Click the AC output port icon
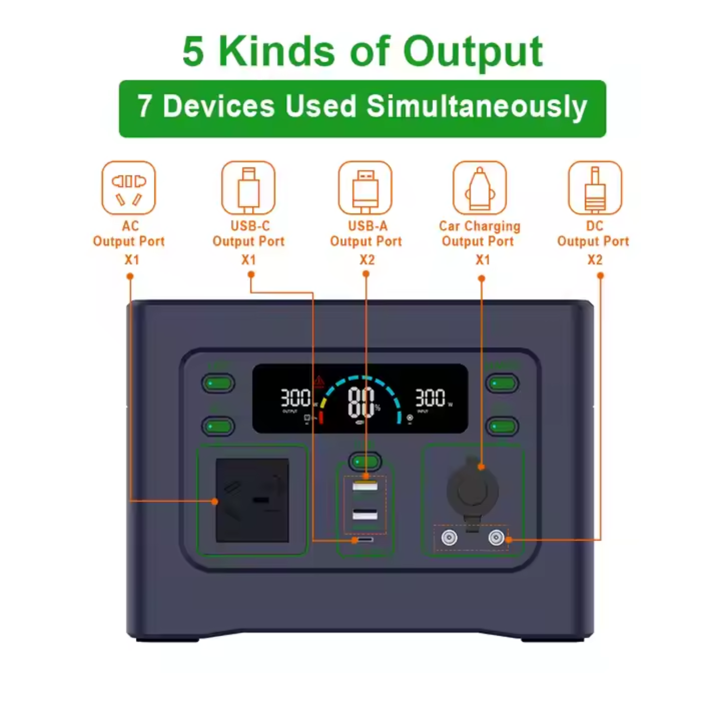[128, 188]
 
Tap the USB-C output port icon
[248, 188]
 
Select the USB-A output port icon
[365, 188]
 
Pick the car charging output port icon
[479, 188]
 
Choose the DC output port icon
[595, 188]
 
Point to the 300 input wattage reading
[430, 398]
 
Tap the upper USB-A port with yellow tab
[365, 486]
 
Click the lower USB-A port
[365, 515]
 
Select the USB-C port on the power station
[365, 540]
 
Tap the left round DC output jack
[449, 538]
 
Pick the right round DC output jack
[496, 538]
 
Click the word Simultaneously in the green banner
[477, 107]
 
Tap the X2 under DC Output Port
[595, 260]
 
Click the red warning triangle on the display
[319, 381]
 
